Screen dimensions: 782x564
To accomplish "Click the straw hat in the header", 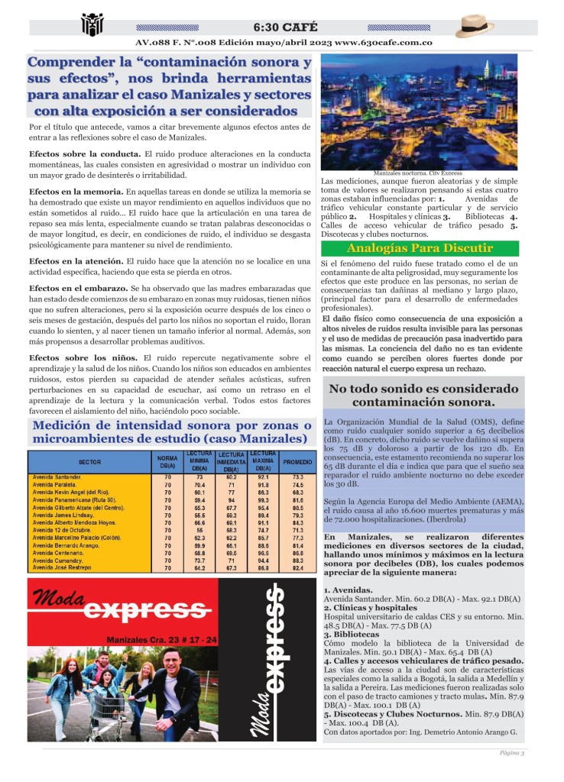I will (479, 26).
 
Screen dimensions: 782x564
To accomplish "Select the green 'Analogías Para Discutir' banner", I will (420, 248).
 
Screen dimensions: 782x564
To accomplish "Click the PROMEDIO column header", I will (297, 463).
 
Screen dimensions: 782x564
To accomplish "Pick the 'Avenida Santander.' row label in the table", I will (58, 477).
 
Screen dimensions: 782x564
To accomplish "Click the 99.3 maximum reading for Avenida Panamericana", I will (263, 500).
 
